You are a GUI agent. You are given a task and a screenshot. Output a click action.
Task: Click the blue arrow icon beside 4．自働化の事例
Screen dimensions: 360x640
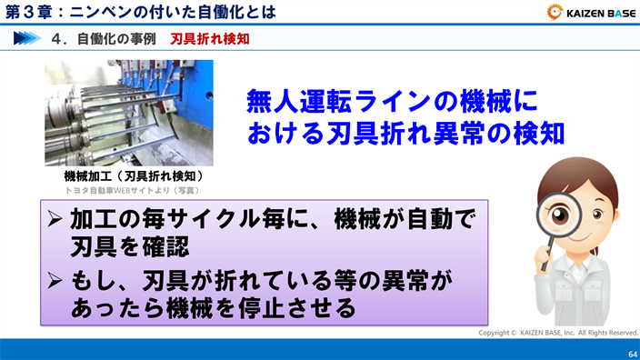coord(30,40)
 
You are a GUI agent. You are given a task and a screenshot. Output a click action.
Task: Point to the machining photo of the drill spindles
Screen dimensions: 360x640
coord(129,113)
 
